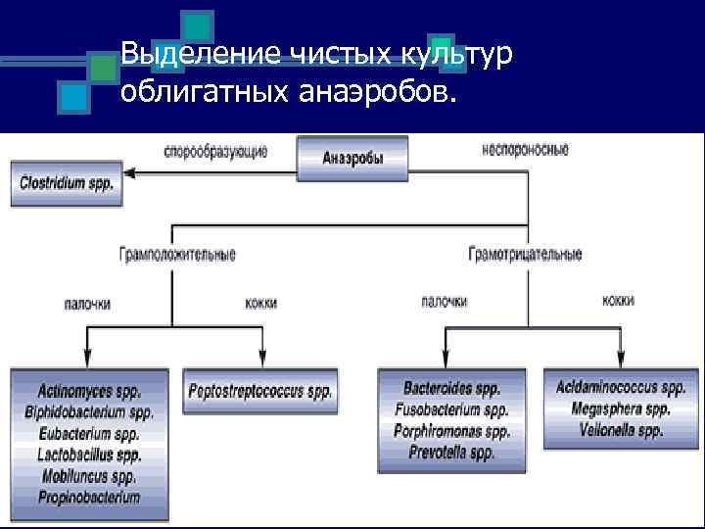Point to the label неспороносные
point(525,150)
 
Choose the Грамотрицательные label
point(526,255)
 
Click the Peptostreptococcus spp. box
point(260,391)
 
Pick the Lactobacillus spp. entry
point(89,455)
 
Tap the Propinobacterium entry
point(89,498)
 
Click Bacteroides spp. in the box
point(451,389)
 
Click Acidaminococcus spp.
point(621,388)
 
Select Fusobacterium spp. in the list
point(451,410)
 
